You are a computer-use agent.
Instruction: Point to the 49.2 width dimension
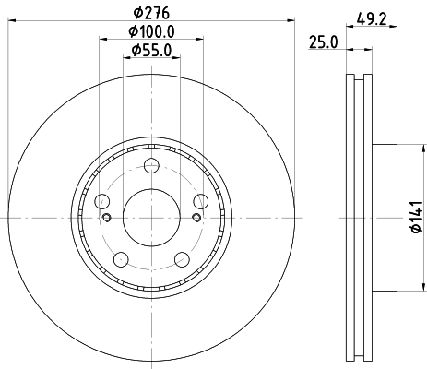pyautogui.click(x=372, y=16)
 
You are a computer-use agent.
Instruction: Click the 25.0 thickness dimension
pyautogui.click(x=322, y=42)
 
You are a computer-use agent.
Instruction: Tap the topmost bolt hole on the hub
pyautogui.click(x=151, y=167)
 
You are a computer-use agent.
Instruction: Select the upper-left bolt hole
pyautogui.click(x=101, y=202)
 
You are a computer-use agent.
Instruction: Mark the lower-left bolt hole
pyautogui.click(x=121, y=258)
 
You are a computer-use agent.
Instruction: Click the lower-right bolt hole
pyautogui.click(x=182, y=258)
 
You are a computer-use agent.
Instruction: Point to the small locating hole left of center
pyautogui.click(x=108, y=218)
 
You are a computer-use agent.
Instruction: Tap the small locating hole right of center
pyautogui.click(x=196, y=218)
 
